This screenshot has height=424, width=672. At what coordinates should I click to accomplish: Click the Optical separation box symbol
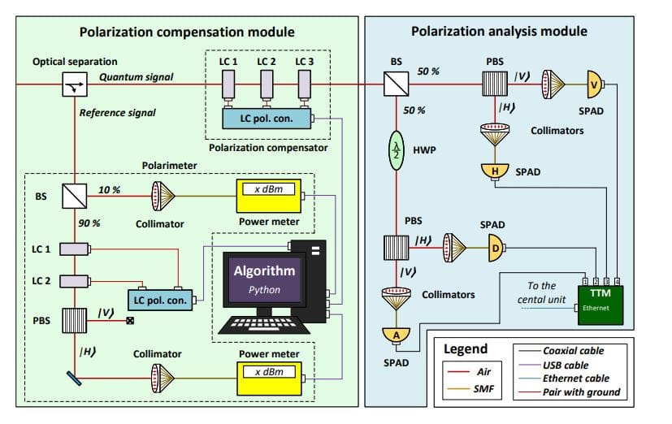tap(74, 84)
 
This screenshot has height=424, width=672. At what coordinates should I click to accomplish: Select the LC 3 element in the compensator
tap(304, 85)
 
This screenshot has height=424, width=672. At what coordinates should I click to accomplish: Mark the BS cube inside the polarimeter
tap(74, 196)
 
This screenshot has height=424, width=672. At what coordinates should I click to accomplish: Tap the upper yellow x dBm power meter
tap(267, 195)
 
